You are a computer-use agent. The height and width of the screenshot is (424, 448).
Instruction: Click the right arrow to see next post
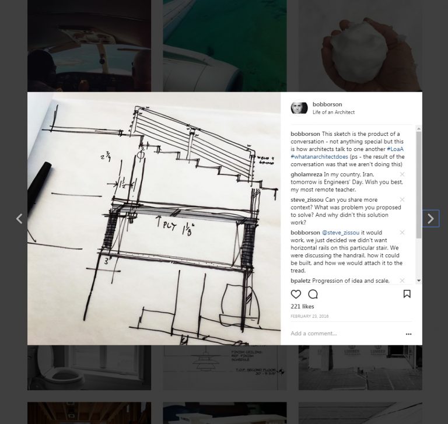430,219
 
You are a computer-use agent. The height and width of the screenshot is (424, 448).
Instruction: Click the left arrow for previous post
19,219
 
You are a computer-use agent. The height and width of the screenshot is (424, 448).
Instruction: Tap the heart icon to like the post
296,294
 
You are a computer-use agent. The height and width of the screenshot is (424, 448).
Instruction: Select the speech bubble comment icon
313,294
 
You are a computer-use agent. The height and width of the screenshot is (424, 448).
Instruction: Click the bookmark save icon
407,294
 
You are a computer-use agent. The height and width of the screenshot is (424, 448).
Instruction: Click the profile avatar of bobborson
299,108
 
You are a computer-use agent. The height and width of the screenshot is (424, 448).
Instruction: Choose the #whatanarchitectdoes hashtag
317,157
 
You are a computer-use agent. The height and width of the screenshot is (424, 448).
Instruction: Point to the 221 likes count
302,306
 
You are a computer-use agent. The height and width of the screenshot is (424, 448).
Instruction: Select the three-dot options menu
408,334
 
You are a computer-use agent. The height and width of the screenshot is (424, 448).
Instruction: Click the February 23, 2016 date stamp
309,316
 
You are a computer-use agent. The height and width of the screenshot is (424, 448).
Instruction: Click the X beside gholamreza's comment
402,174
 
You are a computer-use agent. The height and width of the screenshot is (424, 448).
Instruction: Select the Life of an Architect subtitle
333,113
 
